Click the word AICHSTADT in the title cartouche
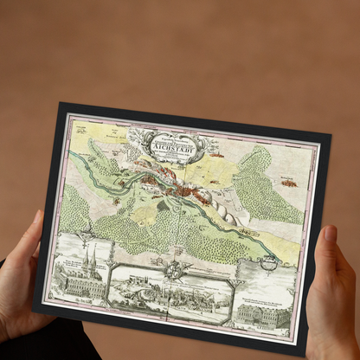click(177, 145)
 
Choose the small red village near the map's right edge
click(287, 183)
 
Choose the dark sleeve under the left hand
click(61, 346)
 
